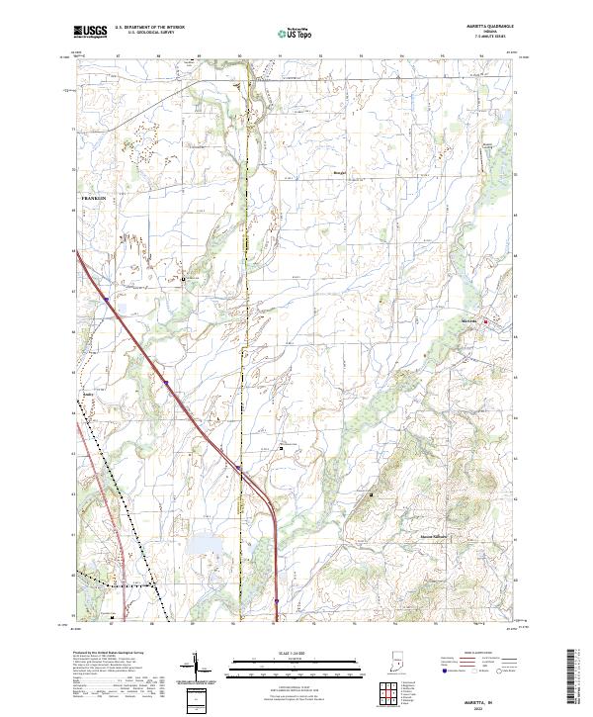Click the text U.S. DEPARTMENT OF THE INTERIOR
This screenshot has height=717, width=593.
click(150, 29)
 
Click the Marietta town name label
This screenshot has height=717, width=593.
click(470, 320)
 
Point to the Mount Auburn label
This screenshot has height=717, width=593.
click(431, 537)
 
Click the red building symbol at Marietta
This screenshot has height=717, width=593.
click(485, 320)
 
